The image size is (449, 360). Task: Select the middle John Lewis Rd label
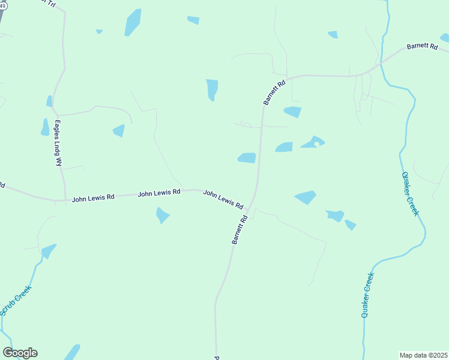[159, 193]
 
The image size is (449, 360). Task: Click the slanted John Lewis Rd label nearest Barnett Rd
[223, 199]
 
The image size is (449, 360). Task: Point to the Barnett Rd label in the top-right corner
[422, 47]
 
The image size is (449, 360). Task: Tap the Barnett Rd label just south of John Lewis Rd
[240, 230]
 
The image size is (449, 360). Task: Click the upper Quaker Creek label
[410, 194]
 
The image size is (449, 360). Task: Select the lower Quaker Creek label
[367, 295]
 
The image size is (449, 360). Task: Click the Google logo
[20, 353]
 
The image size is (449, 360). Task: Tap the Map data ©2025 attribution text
[423, 355]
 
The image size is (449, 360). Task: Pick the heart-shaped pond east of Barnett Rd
[313, 142]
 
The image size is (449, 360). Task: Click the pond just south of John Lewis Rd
[162, 215]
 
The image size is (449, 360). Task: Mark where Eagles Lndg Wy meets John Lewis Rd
[64, 200]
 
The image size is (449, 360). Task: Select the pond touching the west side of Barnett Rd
[247, 158]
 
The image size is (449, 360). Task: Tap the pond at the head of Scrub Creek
[48, 250]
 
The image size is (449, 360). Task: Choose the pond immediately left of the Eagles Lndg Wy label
[45, 127]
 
